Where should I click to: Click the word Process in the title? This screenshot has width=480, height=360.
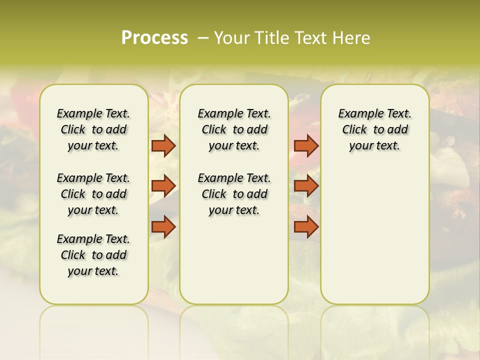[x=154, y=38]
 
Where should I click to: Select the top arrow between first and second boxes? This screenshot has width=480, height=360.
[x=163, y=146]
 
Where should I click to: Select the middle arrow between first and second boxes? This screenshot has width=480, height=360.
[x=163, y=186]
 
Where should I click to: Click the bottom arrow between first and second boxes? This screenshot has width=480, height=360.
[x=163, y=227]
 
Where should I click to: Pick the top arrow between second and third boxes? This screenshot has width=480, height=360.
[x=306, y=146]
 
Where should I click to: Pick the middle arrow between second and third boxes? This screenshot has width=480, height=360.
[x=306, y=186]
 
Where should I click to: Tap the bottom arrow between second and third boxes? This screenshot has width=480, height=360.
[x=306, y=227]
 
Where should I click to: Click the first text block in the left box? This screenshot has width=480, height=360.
[x=93, y=129]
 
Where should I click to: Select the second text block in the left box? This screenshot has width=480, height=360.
[x=93, y=194]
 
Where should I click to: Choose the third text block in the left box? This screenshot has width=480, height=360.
[x=93, y=255]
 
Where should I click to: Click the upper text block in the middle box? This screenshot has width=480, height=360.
[x=234, y=129]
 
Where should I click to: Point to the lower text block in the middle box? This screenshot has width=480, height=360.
[x=234, y=194]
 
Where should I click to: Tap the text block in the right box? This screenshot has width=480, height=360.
[x=374, y=129]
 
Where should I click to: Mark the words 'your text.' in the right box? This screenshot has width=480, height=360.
[x=374, y=146]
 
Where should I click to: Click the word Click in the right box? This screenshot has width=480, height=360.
[x=354, y=130]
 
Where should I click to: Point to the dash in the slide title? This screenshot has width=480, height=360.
[x=203, y=38]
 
